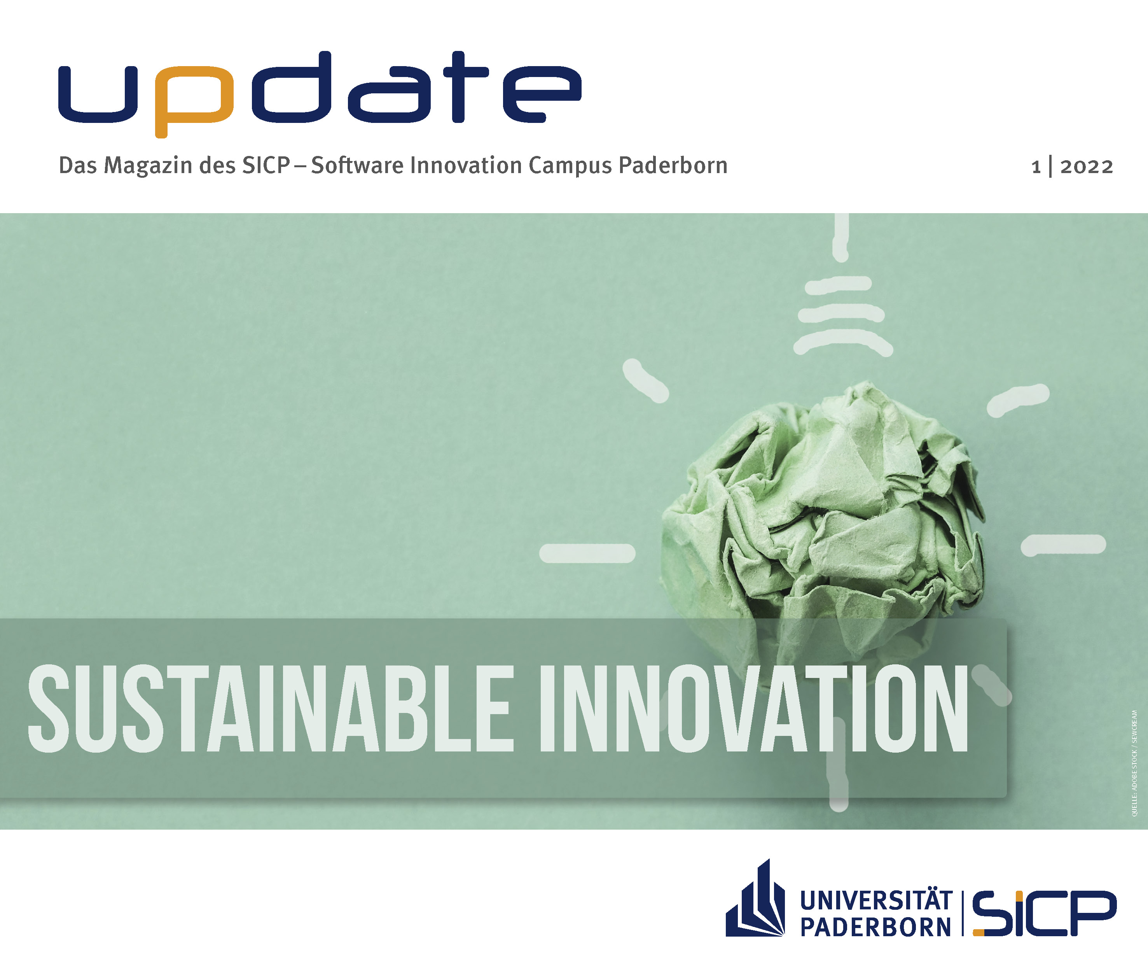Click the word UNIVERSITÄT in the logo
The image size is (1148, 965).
876,900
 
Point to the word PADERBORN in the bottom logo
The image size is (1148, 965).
876,927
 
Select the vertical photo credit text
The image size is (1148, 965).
1134,763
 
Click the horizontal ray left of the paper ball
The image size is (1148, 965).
587,553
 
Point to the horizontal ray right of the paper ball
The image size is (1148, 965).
1063,545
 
